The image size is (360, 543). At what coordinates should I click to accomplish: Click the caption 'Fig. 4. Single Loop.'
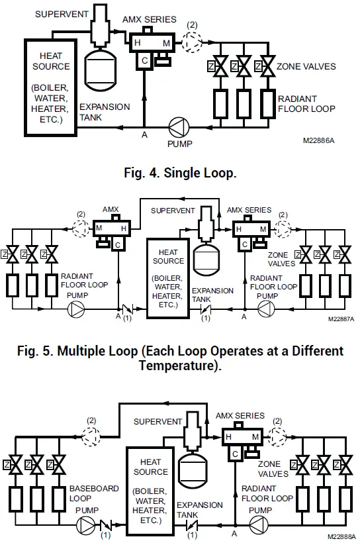180,173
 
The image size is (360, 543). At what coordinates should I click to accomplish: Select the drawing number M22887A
341,319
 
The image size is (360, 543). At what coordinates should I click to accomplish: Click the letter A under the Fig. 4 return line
145,136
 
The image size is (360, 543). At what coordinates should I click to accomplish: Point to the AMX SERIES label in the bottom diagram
240,416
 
